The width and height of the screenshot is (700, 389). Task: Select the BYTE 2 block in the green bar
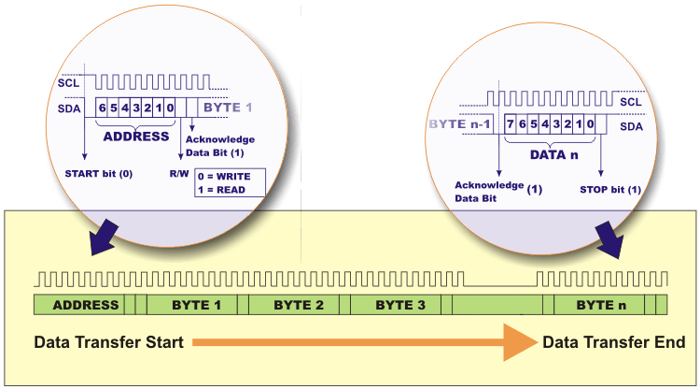click(299, 305)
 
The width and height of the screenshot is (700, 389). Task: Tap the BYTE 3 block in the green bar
click(400, 305)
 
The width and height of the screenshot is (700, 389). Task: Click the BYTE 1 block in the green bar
click(197, 305)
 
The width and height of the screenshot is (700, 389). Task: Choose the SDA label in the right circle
click(631, 124)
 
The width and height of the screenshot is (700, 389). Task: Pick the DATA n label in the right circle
click(550, 152)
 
